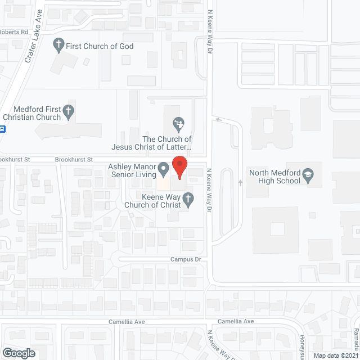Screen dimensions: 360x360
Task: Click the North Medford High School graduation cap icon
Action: [308, 175]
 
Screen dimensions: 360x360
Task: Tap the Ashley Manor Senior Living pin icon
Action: [164, 168]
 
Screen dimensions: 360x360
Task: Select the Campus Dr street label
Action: [186, 259]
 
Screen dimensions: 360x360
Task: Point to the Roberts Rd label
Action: [14, 32]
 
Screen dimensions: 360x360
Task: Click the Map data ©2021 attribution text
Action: [336, 355]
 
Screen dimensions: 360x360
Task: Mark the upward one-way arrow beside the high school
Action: [240, 183]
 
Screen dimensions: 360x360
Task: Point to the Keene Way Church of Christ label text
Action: [154, 201]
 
